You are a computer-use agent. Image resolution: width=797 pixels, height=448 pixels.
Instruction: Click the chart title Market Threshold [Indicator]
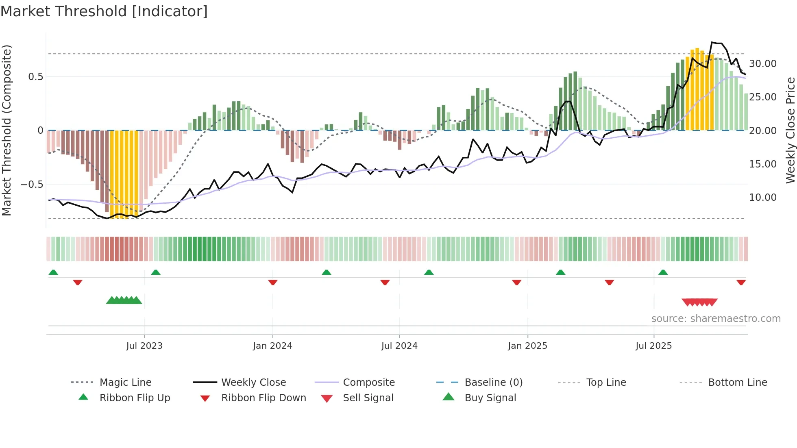click(104, 11)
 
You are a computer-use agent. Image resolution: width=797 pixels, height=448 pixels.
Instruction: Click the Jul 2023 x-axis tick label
click(144, 346)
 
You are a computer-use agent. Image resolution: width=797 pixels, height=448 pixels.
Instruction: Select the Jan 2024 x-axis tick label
click(272, 346)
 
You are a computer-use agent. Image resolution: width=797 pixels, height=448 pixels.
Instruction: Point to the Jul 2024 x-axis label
click(399, 346)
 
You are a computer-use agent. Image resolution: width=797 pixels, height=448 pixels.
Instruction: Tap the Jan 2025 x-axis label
click(527, 346)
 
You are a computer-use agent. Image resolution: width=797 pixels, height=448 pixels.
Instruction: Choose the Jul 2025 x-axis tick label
click(653, 346)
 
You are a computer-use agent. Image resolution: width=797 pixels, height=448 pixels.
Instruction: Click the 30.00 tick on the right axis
click(762, 64)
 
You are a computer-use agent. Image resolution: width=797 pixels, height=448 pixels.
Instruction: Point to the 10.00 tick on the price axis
click(762, 198)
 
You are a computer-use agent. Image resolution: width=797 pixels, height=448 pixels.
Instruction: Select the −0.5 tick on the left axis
click(32, 185)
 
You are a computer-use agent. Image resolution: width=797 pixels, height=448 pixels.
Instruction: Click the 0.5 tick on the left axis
click(35, 77)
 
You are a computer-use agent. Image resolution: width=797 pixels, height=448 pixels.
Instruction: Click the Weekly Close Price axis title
click(790, 130)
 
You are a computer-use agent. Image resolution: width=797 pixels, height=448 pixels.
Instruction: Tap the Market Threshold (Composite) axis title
click(7, 130)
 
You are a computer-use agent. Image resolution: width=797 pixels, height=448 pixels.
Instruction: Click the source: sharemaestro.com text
click(716, 319)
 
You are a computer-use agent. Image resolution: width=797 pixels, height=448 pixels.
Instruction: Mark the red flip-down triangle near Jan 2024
click(273, 282)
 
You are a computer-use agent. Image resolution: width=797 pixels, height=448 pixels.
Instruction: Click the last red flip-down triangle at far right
click(741, 282)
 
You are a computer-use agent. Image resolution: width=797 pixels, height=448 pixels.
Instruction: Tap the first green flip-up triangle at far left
click(53, 272)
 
